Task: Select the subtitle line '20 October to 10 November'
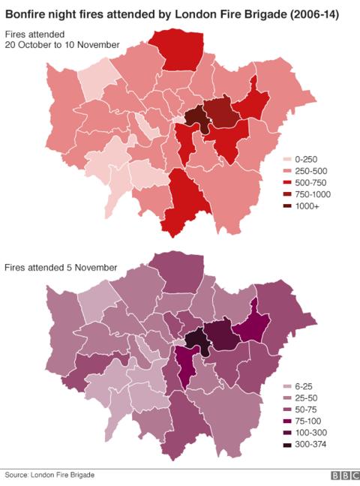point(62,45)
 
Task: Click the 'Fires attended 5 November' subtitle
point(61,268)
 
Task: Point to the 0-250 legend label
point(307,160)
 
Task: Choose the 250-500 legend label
point(312,172)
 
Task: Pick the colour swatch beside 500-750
point(287,183)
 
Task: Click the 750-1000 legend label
point(314,194)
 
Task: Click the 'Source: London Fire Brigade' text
point(49,475)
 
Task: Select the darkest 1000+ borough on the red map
point(194,117)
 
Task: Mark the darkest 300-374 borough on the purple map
point(196,339)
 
